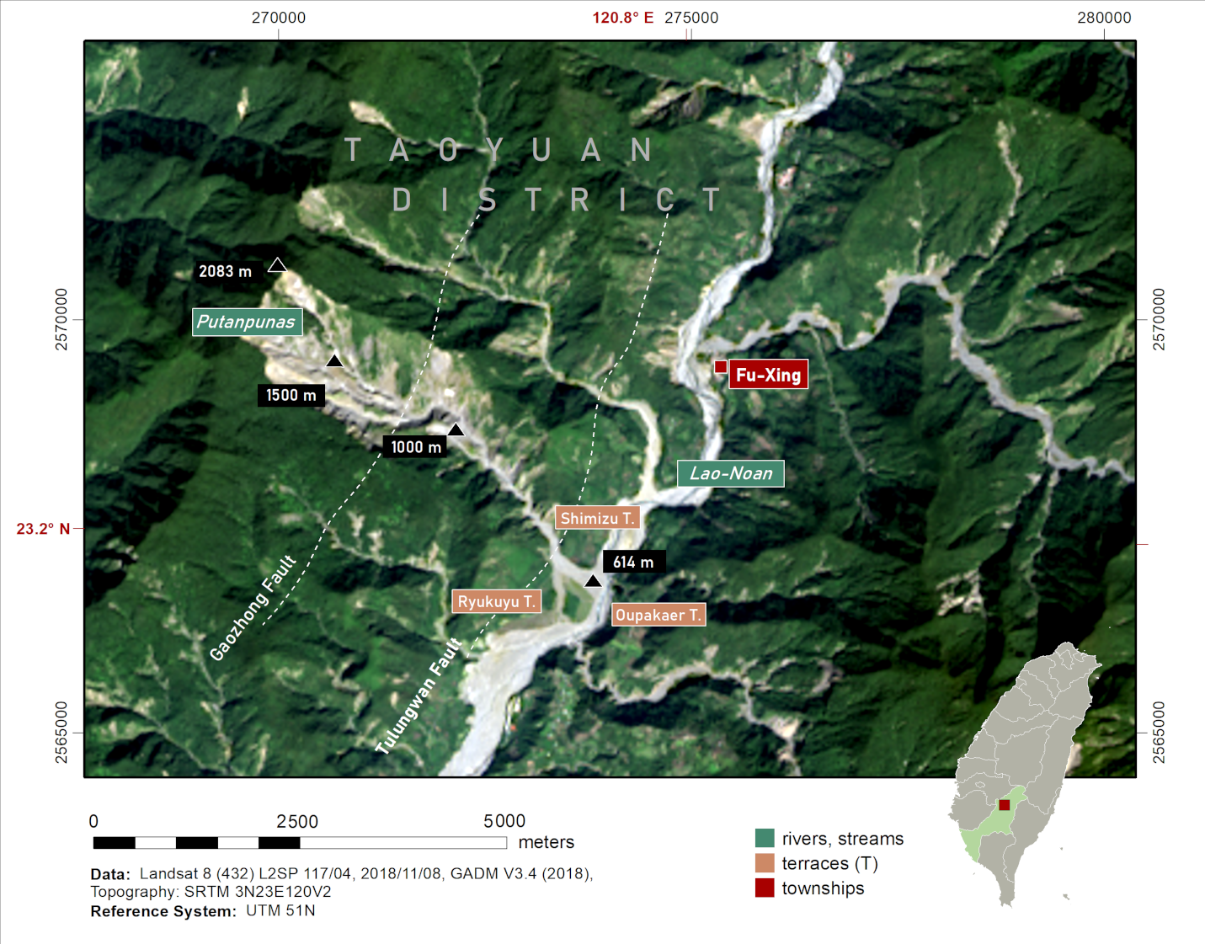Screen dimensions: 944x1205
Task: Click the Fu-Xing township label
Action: (x=768, y=375)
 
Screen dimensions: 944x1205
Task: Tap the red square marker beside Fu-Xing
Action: (x=721, y=366)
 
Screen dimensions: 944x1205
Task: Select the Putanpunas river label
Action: (x=246, y=322)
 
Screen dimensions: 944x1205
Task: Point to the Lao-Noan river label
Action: (x=730, y=473)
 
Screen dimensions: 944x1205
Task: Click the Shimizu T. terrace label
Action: (x=597, y=518)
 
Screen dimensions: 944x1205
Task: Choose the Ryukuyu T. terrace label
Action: (x=496, y=601)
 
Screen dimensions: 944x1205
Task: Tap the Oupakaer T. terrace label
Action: (x=658, y=615)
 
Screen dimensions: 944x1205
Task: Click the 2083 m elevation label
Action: (x=225, y=271)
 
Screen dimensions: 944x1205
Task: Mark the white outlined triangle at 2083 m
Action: (x=277, y=266)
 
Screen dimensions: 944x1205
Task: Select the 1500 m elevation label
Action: (x=291, y=395)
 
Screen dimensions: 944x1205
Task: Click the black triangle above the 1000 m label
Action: (x=456, y=430)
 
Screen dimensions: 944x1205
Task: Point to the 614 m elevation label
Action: (x=633, y=562)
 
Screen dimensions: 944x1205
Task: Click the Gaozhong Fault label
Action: (x=253, y=608)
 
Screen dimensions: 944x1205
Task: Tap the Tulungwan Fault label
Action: (x=419, y=696)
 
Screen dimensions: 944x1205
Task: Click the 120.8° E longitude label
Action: (x=622, y=18)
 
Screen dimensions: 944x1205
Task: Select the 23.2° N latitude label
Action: (x=43, y=529)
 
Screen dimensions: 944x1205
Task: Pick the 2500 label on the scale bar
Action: (x=297, y=821)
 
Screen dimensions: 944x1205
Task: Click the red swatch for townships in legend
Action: (x=765, y=888)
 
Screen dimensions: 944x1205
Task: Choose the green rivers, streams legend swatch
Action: (x=765, y=838)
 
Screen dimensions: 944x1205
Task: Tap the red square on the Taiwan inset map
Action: (x=1004, y=805)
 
